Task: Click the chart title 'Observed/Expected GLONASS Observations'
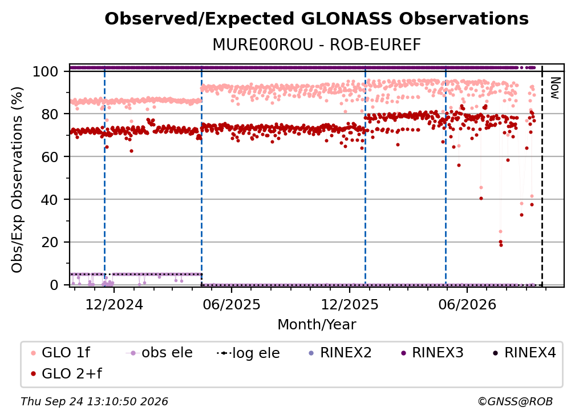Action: click(x=317, y=19)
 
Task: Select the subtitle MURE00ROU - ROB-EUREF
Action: click(x=317, y=45)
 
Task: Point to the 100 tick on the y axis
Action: click(x=46, y=71)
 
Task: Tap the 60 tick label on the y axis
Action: click(x=50, y=157)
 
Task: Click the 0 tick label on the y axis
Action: click(x=54, y=285)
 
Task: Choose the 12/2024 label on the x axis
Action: click(x=114, y=305)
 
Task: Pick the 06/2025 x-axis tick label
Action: click(x=232, y=305)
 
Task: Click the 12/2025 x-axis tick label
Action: click(x=350, y=305)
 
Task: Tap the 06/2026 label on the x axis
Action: click(x=467, y=305)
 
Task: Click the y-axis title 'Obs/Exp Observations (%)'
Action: click(x=17, y=180)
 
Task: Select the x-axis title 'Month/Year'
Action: click(x=317, y=325)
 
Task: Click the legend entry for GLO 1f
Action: click(x=60, y=353)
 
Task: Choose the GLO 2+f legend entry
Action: click(x=66, y=373)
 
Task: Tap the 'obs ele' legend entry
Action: click(x=159, y=353)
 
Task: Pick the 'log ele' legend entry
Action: click(x=248, y=353)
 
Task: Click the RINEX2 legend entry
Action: click(x=340, y=353)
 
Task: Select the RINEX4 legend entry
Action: click(x=524, y=353)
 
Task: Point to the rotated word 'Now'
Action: click(x=555, y=88)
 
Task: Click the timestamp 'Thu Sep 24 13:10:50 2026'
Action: click(x=94, y=401)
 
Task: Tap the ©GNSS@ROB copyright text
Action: click(x=515, y=401)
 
